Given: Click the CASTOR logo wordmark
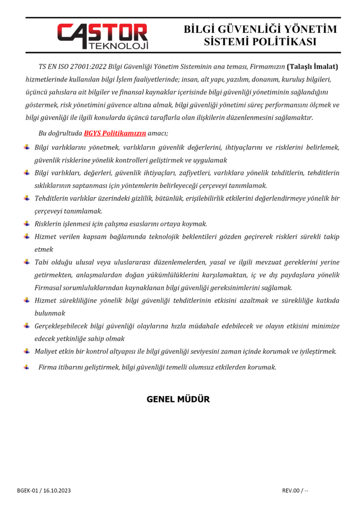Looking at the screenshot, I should coord(102,32).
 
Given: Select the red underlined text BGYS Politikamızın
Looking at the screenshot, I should coord(115,133).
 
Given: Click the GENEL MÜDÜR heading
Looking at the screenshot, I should coord(178,399).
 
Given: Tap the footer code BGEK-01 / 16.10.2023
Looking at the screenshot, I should coord(44,491).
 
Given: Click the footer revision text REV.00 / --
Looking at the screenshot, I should coord(295,491).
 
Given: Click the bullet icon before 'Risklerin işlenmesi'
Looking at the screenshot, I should coord(27,224).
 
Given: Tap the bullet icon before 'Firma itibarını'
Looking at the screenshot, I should coord(27,367).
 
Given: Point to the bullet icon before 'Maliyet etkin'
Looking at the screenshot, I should coord(27,351).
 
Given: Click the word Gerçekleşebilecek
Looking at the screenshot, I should coord(64,326).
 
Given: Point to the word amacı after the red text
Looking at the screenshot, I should coord(158,133).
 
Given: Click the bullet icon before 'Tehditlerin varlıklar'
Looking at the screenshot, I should coord(27,198).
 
